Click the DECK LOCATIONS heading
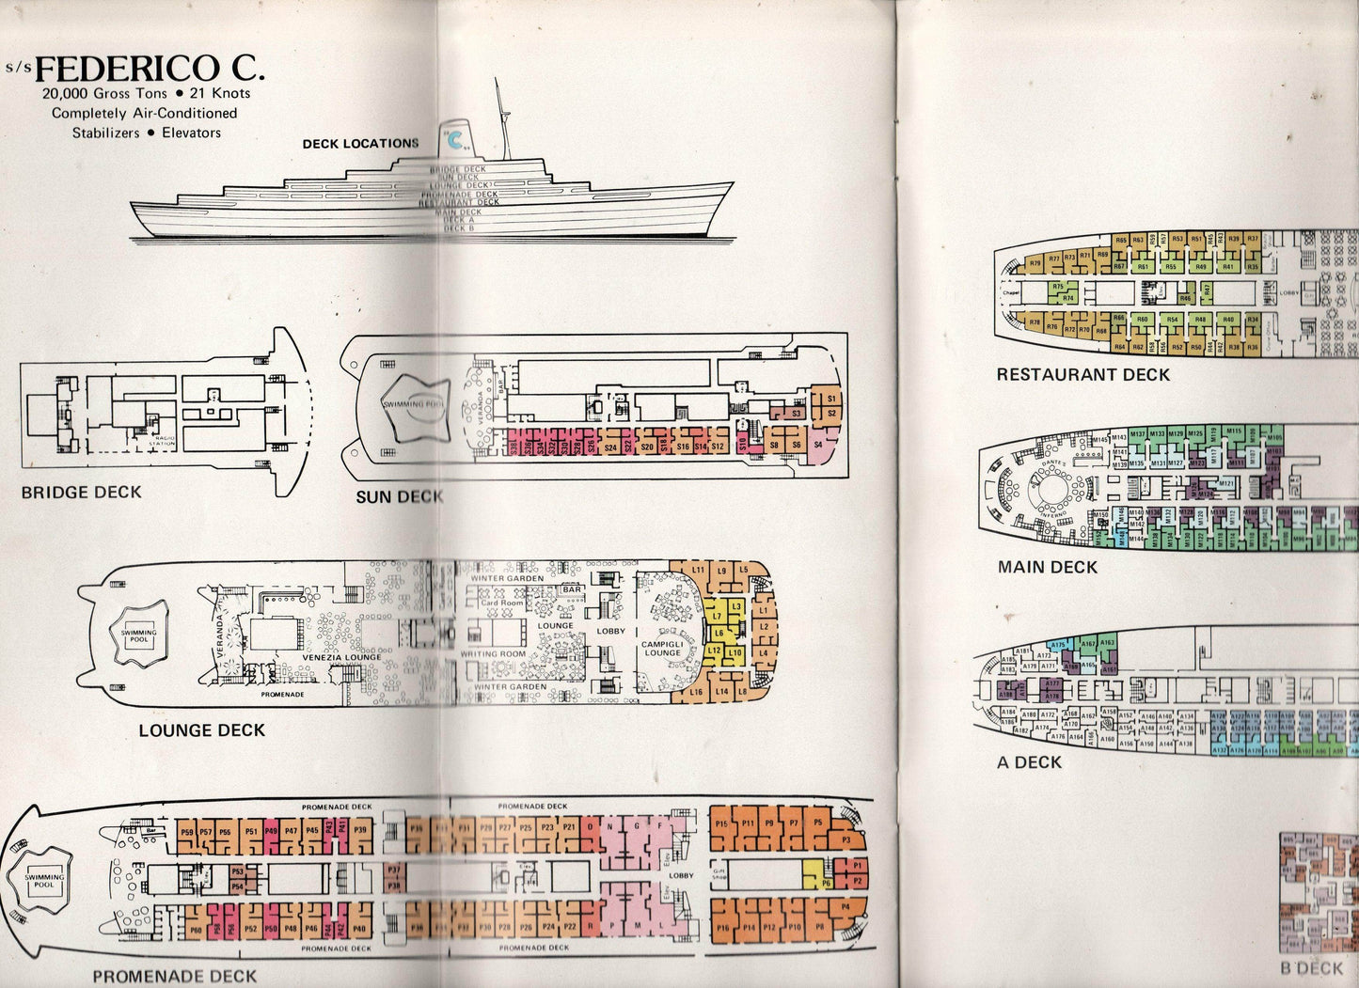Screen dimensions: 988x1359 360,144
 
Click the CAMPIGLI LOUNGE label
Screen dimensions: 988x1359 660,648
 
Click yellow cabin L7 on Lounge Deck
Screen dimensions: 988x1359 718,615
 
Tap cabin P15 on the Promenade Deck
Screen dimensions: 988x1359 721,823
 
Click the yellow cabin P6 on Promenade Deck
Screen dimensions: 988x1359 826,882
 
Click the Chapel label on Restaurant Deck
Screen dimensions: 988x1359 1011,292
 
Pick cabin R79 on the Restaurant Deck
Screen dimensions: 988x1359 1035,264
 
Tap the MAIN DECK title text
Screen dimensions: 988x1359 1047,567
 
